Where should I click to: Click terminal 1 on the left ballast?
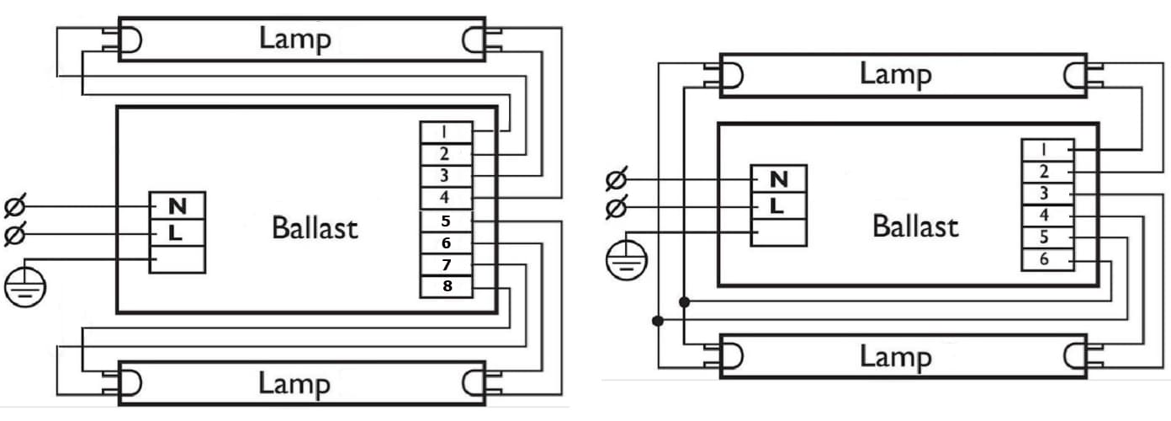click(445, 133)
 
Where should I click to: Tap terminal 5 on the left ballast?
click(445, 221)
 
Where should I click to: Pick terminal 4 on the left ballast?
click(445, 199)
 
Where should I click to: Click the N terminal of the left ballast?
click(177, 206)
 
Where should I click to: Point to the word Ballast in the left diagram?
click(315, 227)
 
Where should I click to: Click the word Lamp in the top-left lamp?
click(294, 38)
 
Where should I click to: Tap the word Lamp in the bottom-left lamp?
click(294, 384)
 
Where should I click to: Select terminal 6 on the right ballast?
click(1044, 259)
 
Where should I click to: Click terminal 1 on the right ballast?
click(1044, 150)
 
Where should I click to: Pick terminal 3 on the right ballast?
click(1044, 194)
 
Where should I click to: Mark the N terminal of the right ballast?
click(779, 179)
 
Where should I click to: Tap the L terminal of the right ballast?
click(779, 205)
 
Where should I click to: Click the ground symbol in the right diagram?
click(623, 262)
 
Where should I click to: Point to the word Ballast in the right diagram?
click(915, 226)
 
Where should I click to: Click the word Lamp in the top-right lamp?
click(895, 74)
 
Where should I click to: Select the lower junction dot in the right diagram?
click(658, 321)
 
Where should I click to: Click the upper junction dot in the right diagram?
click(685, 301)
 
